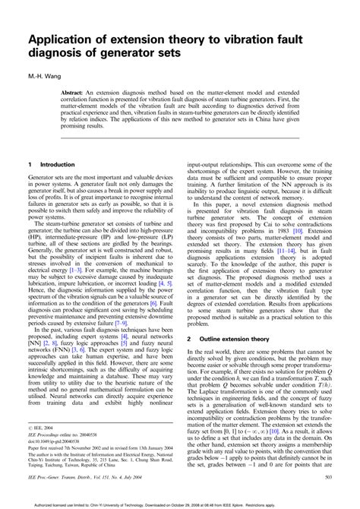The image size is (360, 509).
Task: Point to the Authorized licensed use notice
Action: point(180,502)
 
